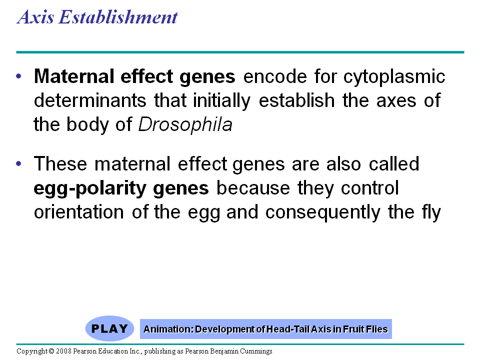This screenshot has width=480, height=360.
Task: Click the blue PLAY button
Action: click(109, 328)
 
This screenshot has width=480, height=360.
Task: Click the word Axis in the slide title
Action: click(35, 17)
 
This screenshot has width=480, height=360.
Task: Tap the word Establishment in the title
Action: click(118, 17)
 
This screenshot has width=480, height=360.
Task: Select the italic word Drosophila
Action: click(185, 125)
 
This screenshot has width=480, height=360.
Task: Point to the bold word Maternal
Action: click(74, 76)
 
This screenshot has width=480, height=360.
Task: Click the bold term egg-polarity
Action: click(90, 188)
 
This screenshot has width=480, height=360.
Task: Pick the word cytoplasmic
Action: click(394, 77)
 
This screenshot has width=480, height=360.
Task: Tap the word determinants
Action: click(90, 100)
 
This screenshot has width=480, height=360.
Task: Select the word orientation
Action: click(78, 212)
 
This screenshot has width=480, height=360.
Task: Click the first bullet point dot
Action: click(18, 76)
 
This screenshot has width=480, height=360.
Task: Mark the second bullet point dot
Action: click(18, 164)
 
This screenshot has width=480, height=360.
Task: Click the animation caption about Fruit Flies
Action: click(265, 329)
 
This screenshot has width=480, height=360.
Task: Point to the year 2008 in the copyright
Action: click(63, 351)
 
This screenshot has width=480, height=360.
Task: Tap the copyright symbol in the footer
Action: click(51, 351)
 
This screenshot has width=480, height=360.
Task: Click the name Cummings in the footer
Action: click(256, 351)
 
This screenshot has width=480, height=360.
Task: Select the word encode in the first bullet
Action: click(275, 76)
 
